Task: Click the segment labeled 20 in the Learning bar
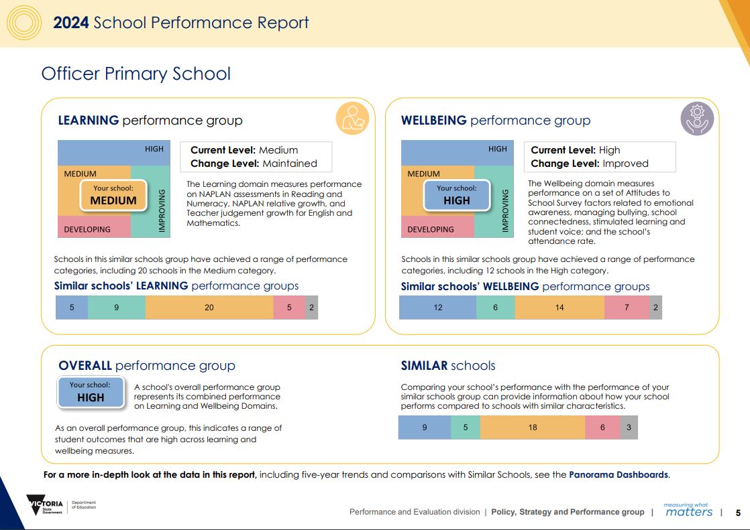tap(209, 308)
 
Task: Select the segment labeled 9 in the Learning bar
tap(117, 308)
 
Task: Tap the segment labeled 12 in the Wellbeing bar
tap(437, 308)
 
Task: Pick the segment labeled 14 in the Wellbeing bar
tap(559, 308)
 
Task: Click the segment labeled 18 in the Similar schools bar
tap(533, 427)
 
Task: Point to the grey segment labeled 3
tap(629, 427)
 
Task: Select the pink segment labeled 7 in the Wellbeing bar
tap(627, 308)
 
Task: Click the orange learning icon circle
tap(352, 119)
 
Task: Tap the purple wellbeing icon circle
tap(697, 119)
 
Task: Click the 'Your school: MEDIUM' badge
tap(113, 195)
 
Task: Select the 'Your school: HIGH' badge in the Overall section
tap(91, 392)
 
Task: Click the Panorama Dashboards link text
tap(618, 474)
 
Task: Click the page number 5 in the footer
tap(738, 513)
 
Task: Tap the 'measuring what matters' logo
tap(688, 510)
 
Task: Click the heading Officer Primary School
tap(136, 73)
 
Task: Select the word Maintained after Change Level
tap(289, 163)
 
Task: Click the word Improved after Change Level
tap(625, 163)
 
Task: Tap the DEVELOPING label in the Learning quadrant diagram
tap(87, 229)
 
